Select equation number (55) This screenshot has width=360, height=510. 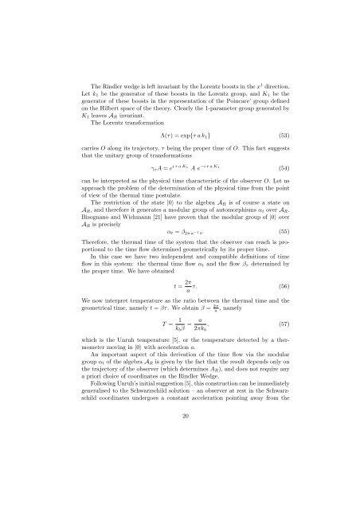coord(282,252)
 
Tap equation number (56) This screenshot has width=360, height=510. coord(282,307)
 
